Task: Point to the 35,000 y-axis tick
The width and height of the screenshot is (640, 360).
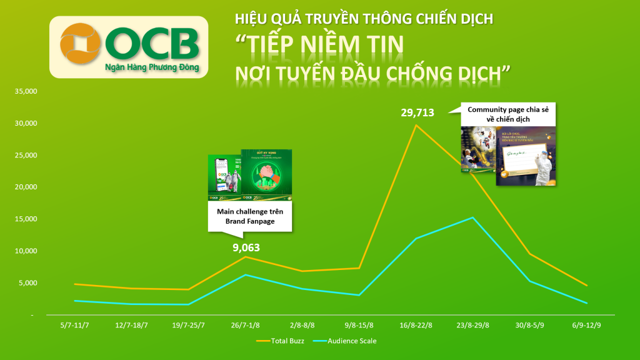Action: point(26,91)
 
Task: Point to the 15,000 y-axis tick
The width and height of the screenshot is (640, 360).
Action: point(26,219)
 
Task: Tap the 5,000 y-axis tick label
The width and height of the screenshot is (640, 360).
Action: point(27,283)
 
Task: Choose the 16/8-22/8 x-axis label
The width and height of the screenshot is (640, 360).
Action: point(416,325)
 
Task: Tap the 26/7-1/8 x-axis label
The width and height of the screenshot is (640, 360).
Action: point(246,325)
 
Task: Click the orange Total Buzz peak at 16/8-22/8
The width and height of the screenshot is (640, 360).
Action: point(416,126)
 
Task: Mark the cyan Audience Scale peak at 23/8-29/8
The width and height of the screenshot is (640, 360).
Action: point(472,217)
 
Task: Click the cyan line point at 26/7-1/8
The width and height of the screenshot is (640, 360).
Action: point(246,275)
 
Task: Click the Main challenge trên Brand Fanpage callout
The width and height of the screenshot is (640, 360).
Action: point(251,216)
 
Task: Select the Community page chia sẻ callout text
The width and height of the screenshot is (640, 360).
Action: point(508,114)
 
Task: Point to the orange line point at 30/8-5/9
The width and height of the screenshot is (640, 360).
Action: point(529,254)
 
